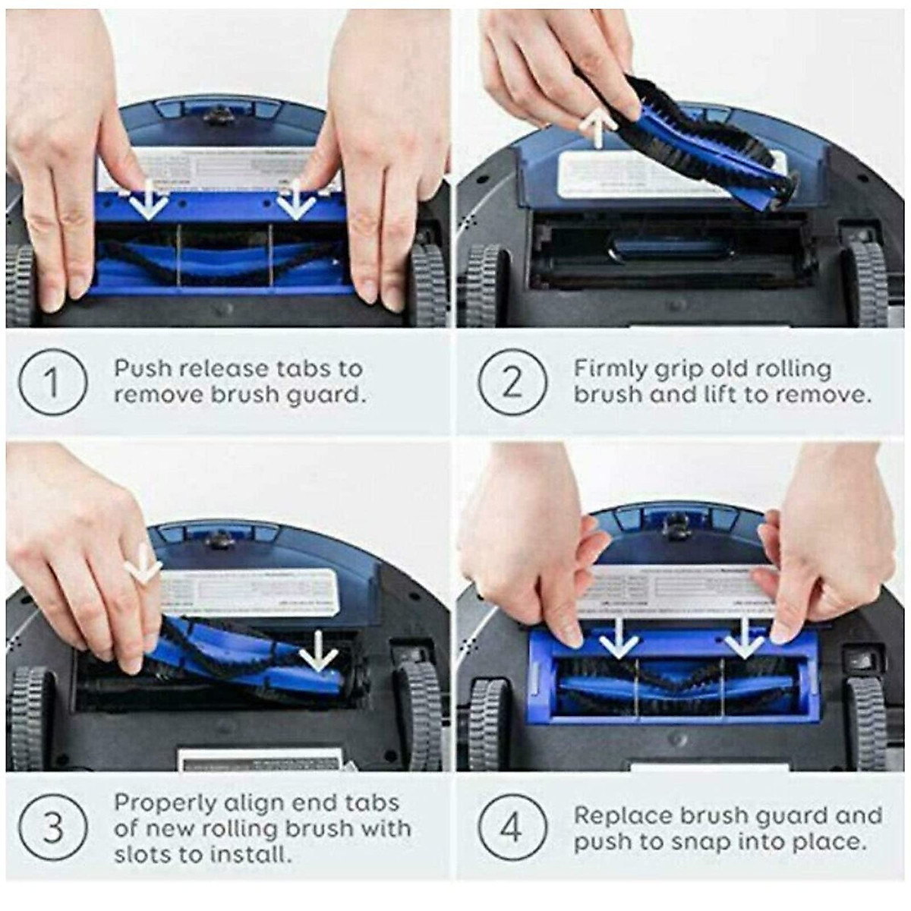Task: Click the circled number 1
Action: coord(52,381)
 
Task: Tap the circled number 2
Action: coord(512,381)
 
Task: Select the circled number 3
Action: coord(52,827)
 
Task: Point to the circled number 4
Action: coord(512,827)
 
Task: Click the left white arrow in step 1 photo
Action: coord(149,200)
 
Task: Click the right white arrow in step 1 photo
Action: coord(295,200)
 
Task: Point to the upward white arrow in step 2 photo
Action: coord(597,126)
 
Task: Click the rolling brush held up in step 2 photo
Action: coord(683,137)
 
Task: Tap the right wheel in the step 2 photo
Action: coord(865,285)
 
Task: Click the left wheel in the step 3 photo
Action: coord(29,717)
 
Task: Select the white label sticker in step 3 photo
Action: coord(251,592)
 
